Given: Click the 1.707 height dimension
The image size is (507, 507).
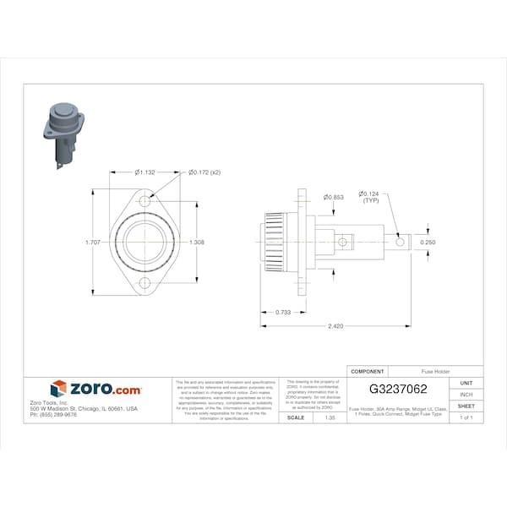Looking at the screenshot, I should (93, 242).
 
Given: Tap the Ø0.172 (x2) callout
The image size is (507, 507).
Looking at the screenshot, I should (204, 172).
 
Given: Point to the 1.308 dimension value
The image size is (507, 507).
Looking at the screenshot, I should (197, 242).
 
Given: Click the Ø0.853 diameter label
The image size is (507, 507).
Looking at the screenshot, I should (332, 197).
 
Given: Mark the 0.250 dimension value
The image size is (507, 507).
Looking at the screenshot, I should (429, 242).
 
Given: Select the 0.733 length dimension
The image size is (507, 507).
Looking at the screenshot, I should (285, 312).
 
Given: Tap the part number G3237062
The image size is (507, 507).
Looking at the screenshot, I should (398, 390).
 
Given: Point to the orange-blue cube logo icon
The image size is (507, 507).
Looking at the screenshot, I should (58, 389).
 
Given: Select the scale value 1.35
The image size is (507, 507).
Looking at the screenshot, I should (318, 417).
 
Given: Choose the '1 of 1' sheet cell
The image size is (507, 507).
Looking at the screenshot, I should (466, 417).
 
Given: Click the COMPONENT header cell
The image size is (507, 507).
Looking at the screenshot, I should (367, 371).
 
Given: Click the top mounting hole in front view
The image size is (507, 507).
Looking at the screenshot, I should (145, 203).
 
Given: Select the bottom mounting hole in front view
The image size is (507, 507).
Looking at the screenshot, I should (145, 283).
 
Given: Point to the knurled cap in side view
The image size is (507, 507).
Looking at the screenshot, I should (274, 242).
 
